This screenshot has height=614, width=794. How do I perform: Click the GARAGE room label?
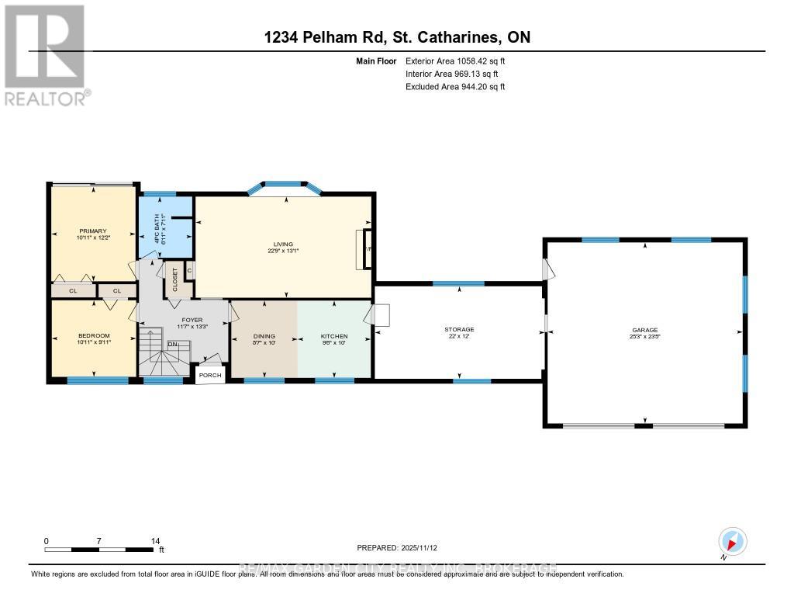[x=644, y=330]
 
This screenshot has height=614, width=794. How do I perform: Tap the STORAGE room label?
[x=459, y=330]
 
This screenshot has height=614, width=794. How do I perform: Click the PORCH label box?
[x=210, y=376]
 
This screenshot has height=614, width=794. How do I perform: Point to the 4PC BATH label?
[x=159, y=231]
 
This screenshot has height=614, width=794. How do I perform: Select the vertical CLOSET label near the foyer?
[x=174, y=279]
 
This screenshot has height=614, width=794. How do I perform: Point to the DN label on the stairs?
[x=173, y=344]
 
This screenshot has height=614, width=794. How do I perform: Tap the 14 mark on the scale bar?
[x=155, y=541]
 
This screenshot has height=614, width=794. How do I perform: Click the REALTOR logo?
[x=47, y=54]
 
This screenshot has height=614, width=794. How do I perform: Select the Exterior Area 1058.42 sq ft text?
[x=455, y=61]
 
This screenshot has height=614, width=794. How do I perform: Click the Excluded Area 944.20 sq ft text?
[x=455, y=87]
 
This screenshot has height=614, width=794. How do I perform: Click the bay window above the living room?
[x=286, y=187]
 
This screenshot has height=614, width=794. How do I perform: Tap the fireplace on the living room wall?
[x=364, y=249]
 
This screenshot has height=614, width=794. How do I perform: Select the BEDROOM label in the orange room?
[x=94, y=336]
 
